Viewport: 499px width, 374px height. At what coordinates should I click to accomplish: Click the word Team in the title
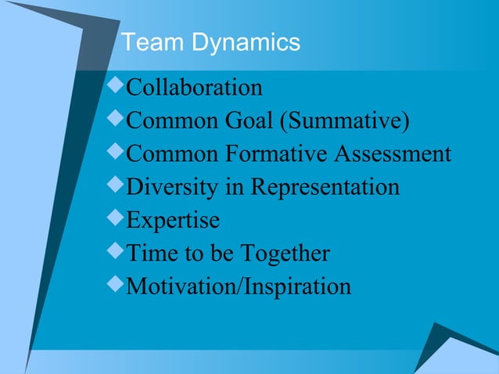149,42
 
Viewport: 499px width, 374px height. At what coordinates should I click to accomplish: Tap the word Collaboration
194,87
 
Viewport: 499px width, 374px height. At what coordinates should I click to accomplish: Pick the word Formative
277,154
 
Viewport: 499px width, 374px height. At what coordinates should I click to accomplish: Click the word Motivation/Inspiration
239,287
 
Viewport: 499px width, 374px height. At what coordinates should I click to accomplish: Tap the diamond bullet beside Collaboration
117,85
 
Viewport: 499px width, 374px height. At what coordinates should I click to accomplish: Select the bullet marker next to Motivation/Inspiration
117,286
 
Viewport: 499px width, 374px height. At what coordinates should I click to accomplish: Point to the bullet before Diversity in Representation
117,186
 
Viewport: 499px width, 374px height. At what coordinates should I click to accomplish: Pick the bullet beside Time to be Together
117,253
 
